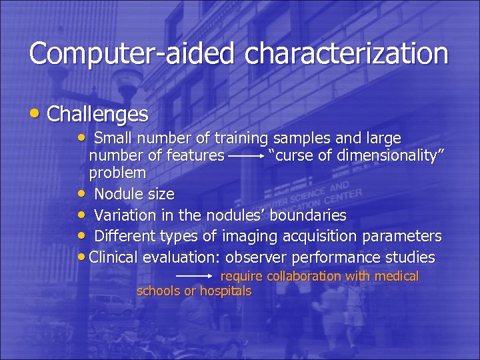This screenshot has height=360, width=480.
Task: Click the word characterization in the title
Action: tap(347, 54)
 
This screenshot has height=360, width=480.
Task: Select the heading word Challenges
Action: tap(98, 114)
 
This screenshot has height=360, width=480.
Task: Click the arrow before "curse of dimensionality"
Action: tap(246, 157)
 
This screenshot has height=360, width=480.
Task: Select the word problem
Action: tap(117, 173)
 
